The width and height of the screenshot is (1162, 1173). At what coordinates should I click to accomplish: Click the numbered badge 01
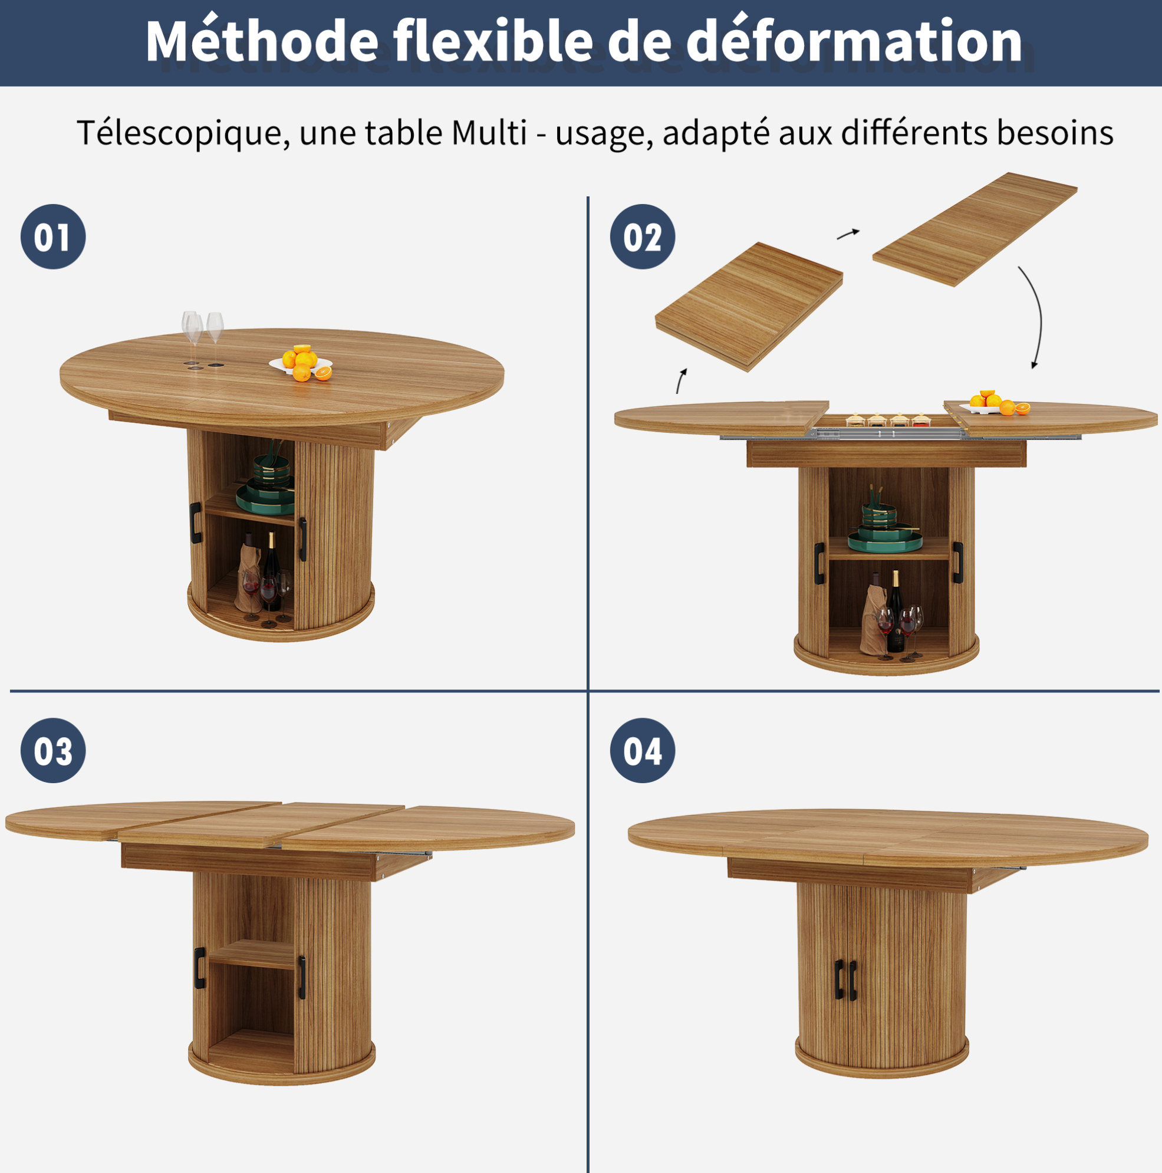click(x=54, y=237)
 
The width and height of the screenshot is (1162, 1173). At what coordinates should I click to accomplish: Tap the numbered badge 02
click(x=643, y=237)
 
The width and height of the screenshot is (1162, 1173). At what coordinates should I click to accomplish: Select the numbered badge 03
click(x=54, y=750)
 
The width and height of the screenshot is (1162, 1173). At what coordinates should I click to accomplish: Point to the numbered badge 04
click(x=643, y=750)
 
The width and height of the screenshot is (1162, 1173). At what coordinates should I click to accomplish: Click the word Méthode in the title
click(x=262, y=41)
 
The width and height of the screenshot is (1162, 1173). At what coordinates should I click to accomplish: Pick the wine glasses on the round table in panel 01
click(x=203, y=337)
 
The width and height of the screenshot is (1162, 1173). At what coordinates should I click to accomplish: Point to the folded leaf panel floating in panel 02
click(x=749, y=307)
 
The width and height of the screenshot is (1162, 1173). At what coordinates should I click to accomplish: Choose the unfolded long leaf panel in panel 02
click(x=975, y=229)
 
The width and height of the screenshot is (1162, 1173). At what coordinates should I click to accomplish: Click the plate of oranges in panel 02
click(x=995, y=403)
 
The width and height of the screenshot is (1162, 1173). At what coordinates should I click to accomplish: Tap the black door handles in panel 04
click(x=845, y=979)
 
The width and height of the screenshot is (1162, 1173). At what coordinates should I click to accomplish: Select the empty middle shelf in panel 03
click(x=251, y=954)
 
